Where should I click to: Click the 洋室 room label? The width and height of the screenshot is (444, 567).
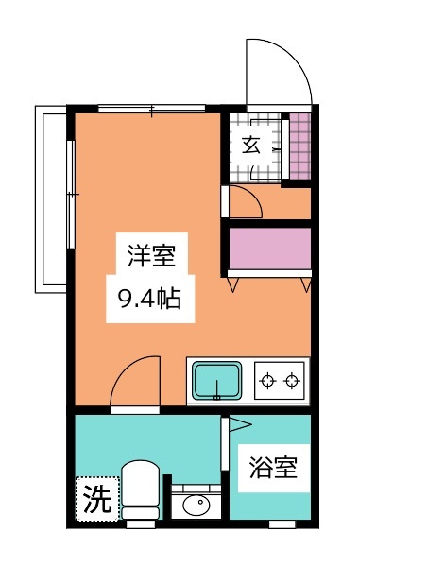[152, 256]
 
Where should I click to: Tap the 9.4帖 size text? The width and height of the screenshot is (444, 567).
[149, 300]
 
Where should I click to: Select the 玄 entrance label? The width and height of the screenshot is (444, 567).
[251, 145]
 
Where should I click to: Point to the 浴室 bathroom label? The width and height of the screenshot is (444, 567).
[273, 468]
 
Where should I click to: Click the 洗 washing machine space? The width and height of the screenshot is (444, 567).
[97, 499]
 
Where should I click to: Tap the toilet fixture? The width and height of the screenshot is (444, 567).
[141, 490]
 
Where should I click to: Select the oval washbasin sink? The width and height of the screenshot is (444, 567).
[196, 505]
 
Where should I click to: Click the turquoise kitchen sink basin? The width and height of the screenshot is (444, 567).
[217, 381]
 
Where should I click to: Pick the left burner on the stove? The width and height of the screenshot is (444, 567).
[268, 381]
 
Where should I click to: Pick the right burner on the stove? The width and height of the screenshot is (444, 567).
[292, 381]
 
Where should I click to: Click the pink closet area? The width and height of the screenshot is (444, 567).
[270, 249]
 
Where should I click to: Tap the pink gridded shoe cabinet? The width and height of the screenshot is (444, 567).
[300, 146]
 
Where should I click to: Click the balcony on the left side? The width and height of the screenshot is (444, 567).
[51, 199]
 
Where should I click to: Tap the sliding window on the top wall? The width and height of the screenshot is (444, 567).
[151, 109]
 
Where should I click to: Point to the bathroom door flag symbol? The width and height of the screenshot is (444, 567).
[239, 424]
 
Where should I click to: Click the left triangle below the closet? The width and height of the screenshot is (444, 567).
[232, 284]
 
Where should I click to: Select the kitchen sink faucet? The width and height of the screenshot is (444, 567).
[217, 389]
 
